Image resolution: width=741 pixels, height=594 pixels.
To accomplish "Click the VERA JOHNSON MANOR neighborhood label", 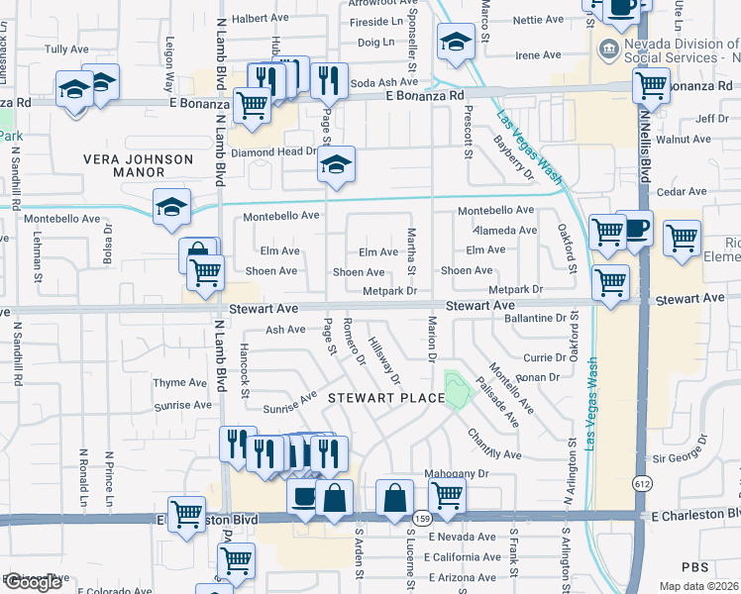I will click(x=138, y=165).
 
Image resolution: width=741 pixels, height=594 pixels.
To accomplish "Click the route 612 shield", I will click(x=642, y=482).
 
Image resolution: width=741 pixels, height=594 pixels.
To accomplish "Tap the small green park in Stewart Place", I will click(x=456, y=388).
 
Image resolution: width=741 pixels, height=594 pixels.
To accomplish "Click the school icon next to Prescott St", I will click(x=455, y=43).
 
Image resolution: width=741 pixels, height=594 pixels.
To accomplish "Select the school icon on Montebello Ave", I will click(x=171, y=206).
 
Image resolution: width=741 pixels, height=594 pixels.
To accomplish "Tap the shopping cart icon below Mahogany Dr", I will click(x=447, y=495).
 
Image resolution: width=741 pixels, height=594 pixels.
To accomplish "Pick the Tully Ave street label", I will click(x=67, y=49).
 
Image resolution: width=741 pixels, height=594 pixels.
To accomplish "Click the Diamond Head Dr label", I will click(x=273, y=153).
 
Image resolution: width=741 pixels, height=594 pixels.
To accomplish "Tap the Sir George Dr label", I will click(x=684, y=457).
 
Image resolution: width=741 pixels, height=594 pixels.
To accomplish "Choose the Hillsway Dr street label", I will click(x=383, y=359).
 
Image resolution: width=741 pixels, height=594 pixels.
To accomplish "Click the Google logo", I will click(x=33, y=582).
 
